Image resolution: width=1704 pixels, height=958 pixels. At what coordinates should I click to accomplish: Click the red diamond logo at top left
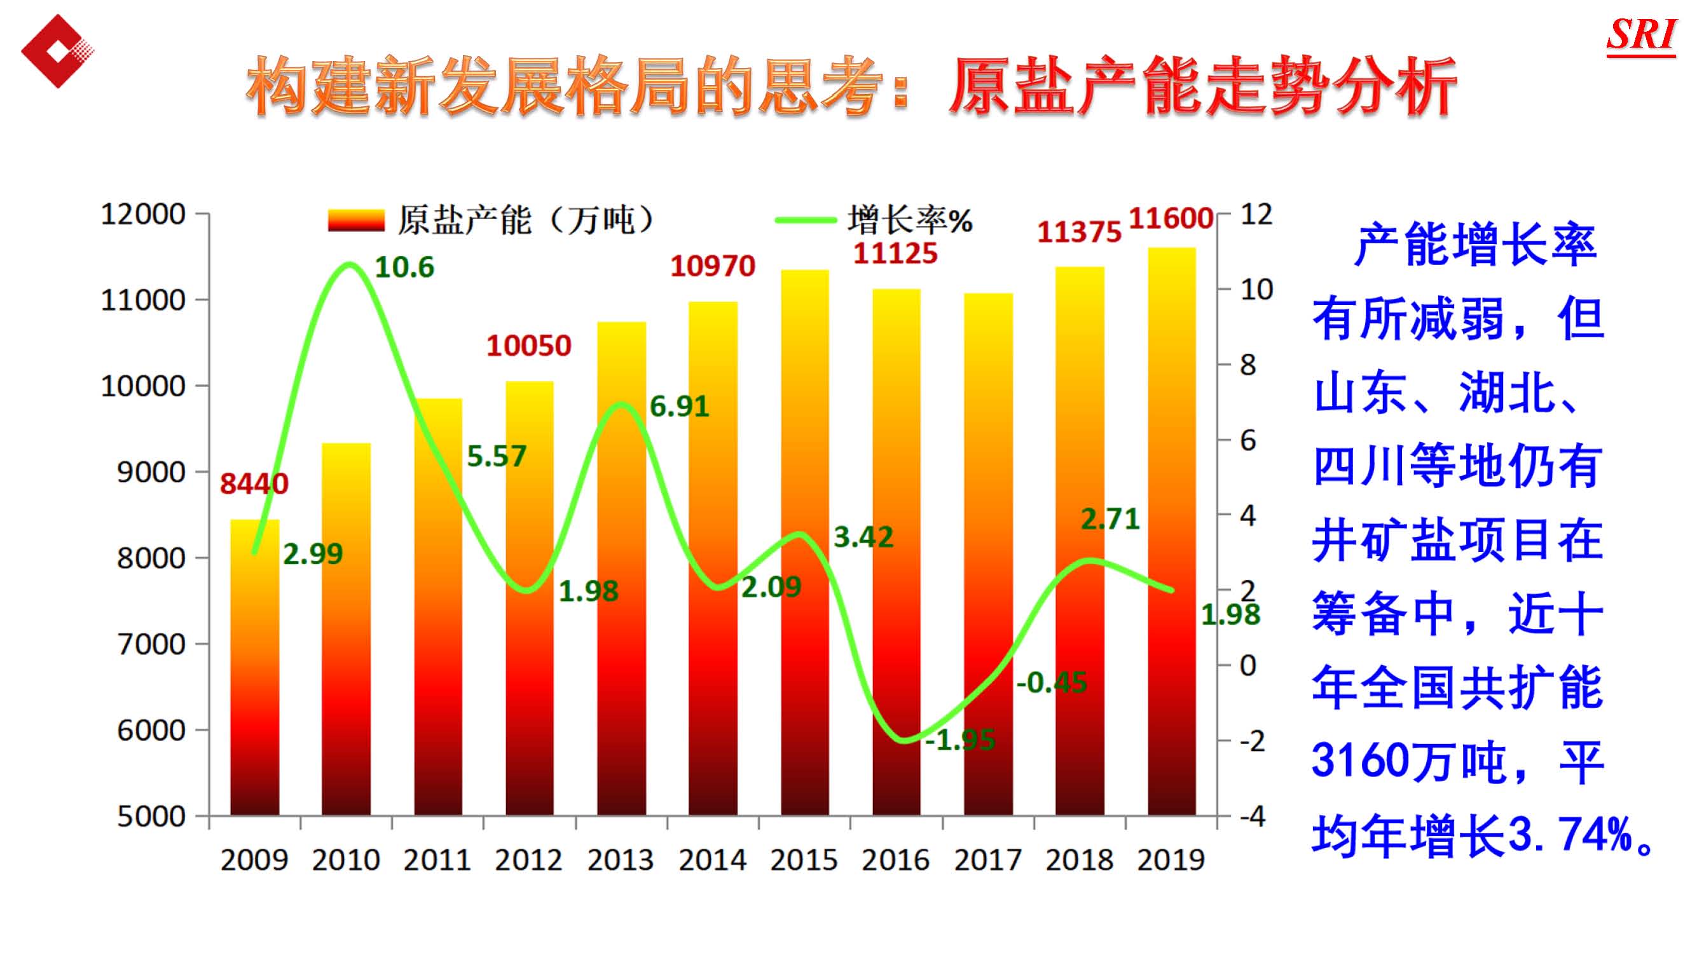click(57, 51)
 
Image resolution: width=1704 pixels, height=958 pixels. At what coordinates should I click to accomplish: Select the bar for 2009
click(255, 668)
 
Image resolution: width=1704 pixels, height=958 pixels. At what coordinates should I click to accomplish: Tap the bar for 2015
click(804, 542)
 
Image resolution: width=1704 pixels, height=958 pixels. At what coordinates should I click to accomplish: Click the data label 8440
click(254, 484)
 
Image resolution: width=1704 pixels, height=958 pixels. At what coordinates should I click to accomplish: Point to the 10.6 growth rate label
click(404, 267)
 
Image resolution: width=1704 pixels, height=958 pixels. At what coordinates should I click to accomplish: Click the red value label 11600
click(1170, 219)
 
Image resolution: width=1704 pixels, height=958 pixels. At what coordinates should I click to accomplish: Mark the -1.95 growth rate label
click(960, 740)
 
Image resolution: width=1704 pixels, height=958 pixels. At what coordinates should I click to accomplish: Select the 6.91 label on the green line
click(679, 407)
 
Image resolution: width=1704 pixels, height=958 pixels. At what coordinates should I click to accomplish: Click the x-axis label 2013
click(620, 860)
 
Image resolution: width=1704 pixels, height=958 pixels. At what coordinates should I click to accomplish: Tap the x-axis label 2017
click(987, 860)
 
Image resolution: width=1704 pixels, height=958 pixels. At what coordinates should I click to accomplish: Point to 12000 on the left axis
click(143, 214)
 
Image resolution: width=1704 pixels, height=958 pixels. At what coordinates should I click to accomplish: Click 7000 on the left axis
click(151, 644)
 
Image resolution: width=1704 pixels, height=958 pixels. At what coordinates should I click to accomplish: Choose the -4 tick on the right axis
click(1252, 816)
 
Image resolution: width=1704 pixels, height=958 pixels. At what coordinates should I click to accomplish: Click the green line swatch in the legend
click(806, 220)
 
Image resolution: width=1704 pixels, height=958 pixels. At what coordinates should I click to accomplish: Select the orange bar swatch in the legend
click(356, 220)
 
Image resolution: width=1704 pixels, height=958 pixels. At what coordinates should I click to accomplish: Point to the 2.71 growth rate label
click(1110, 519)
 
